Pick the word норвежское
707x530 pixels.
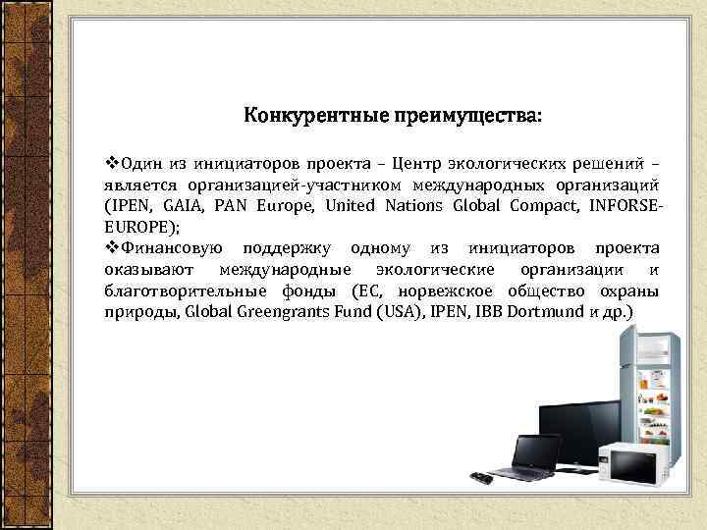449,291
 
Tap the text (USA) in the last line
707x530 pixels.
388,312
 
